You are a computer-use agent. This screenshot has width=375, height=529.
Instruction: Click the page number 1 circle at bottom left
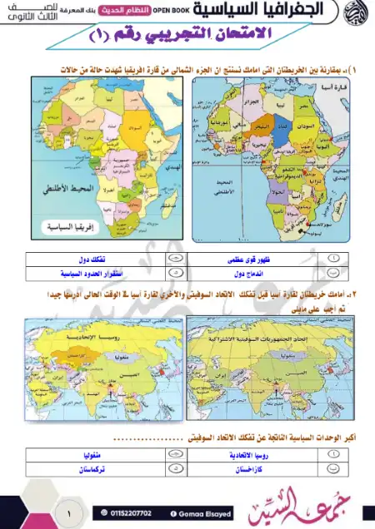[x=68, y=515]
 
